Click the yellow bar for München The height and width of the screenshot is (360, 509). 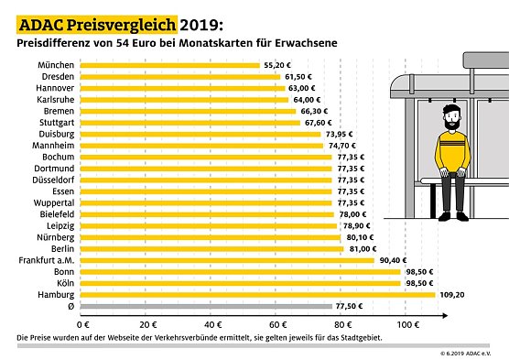coord(170,65)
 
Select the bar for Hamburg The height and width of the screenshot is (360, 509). coord(257,294)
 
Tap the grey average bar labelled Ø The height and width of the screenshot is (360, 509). coord(206,306)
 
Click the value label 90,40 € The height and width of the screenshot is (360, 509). coord(392,260)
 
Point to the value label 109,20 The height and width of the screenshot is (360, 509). coord(452,295)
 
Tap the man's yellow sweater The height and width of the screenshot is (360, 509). coord(449,147)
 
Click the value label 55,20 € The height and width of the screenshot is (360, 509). coord(277,66)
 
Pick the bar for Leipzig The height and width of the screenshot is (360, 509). coord(210,225)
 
